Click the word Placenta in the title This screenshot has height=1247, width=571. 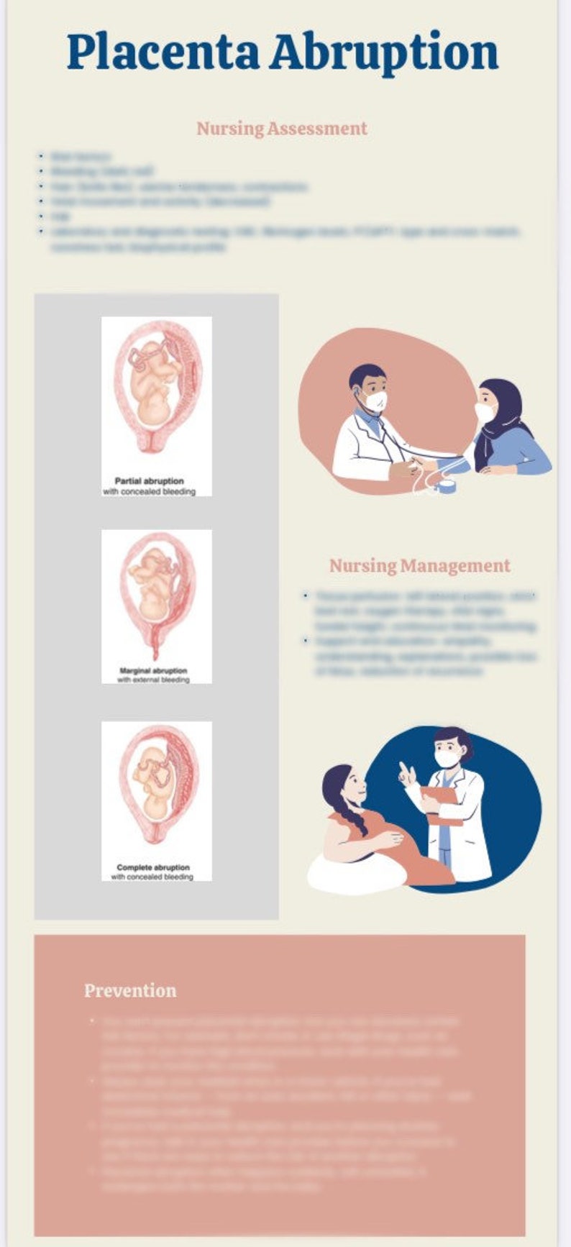coord(163,52)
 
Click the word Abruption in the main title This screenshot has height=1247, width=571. coord(384,52)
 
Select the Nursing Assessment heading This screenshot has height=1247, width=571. coord(282,129)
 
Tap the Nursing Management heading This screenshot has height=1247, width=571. coord(420,566)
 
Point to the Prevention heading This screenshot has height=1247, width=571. coord(130,991)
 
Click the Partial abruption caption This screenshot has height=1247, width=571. coord(150,481)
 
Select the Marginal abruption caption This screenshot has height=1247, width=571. coord(153,671)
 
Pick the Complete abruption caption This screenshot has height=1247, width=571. coord(153,867)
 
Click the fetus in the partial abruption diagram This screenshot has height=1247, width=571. coord(152,381)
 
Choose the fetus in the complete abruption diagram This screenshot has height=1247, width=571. coord(153,784)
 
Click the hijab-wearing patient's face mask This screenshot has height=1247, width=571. coord(484,412)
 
